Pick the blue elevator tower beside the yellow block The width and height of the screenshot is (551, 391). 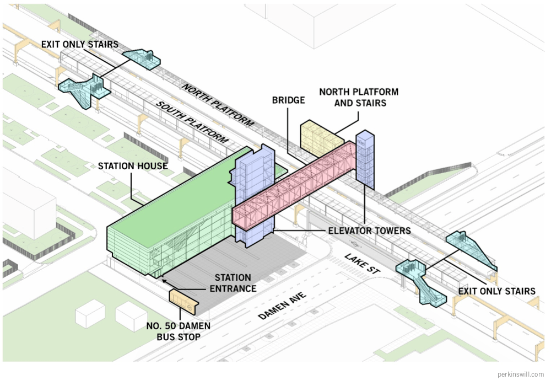click(365, 157)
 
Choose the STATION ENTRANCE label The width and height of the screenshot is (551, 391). click(233, 283)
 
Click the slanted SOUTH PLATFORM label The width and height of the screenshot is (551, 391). click(192, 122)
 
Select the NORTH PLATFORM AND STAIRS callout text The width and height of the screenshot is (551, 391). click(359, 97)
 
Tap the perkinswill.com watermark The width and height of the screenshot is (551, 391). click(520, 374)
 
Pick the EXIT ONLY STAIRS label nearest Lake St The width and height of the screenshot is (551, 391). click(496, 291)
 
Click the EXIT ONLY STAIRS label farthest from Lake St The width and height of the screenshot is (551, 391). click(79, 45)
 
